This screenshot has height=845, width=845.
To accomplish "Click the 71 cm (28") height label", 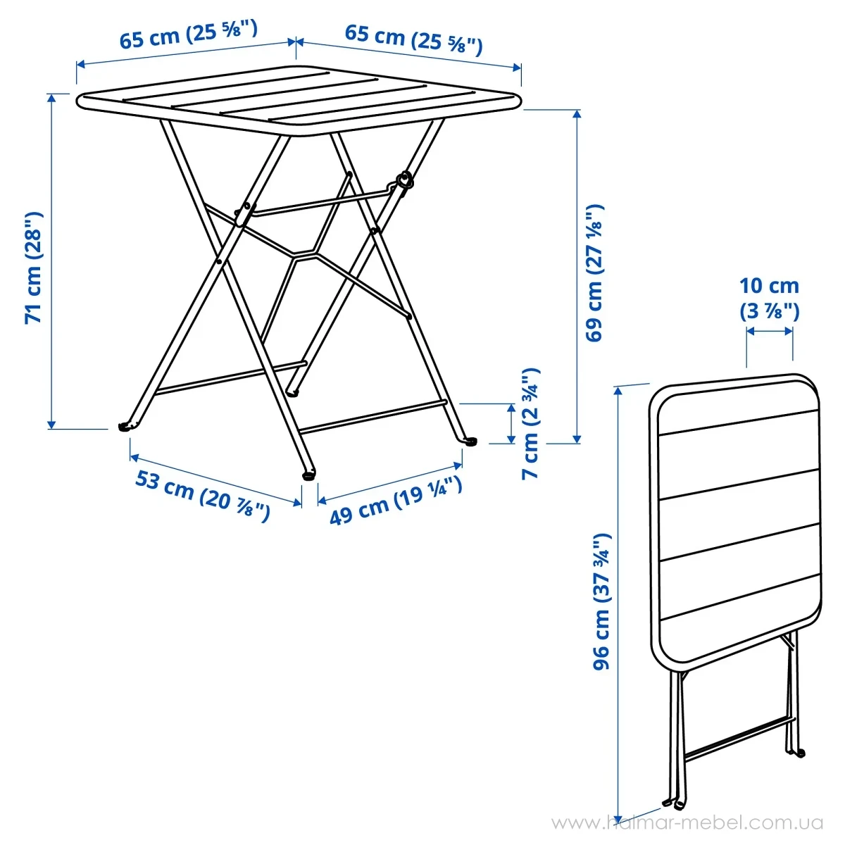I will (34, 267).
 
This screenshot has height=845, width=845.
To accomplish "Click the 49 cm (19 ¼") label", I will (396, 501).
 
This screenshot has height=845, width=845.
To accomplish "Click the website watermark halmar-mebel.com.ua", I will (687, 823).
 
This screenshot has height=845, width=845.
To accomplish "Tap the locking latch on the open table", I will (403, 181).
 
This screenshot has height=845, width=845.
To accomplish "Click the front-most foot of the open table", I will (308, 475).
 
